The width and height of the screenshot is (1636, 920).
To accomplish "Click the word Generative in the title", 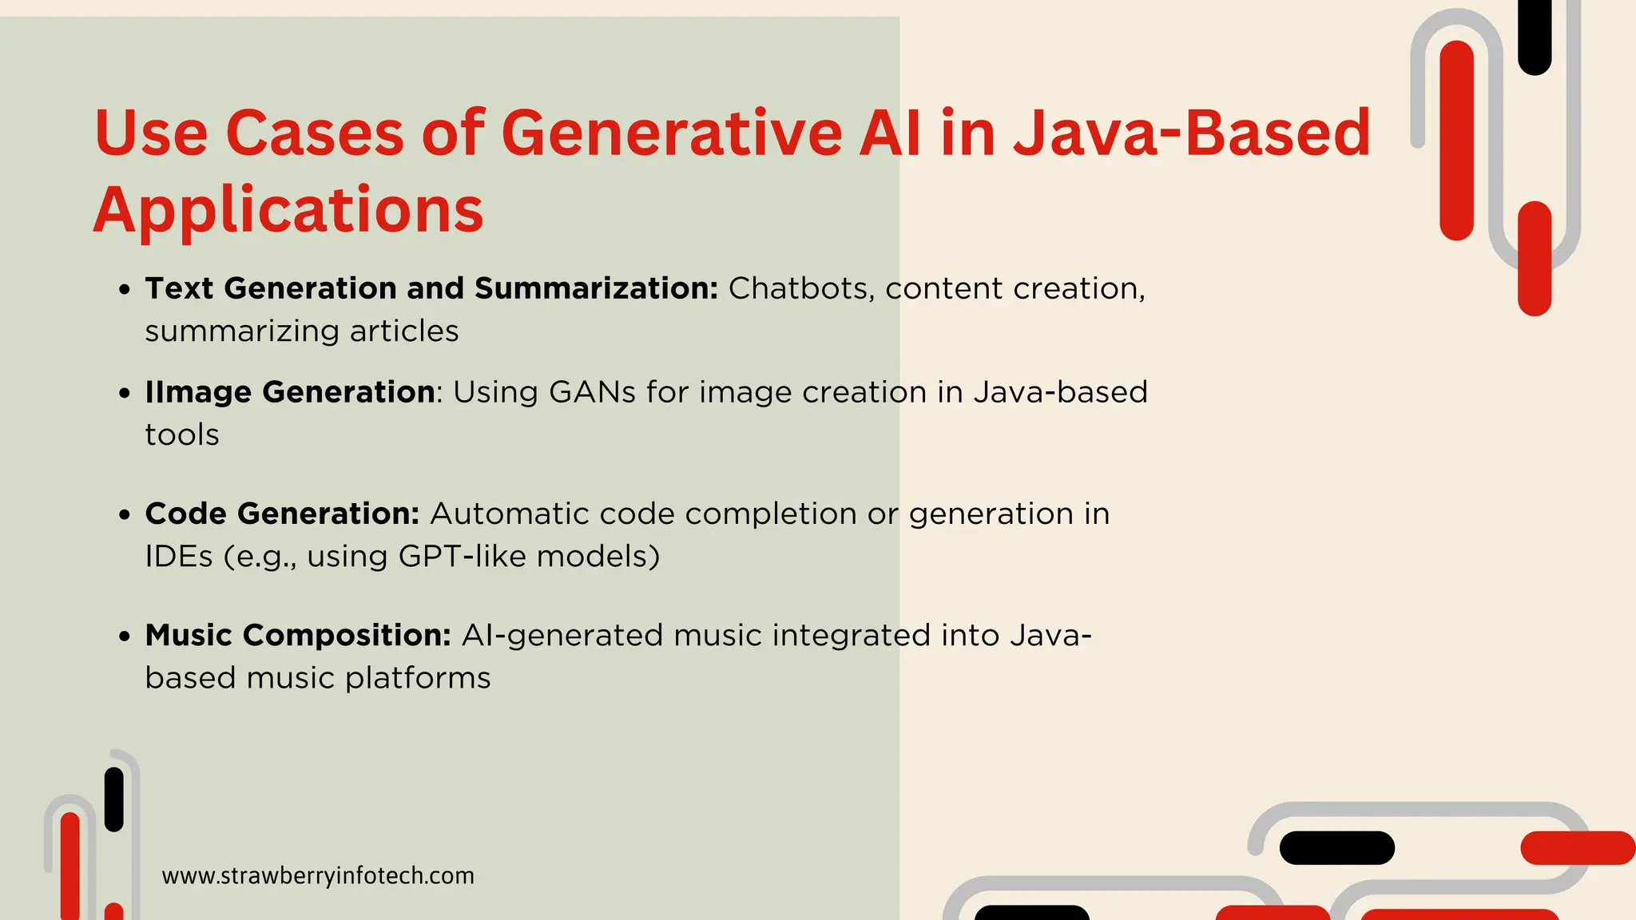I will (x=671, y=133).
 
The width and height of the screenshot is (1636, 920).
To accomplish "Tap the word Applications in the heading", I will (x=288, y=210).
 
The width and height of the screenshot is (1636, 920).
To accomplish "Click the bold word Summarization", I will (x=596, y=288).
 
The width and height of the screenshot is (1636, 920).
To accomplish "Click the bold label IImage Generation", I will (x=290, y=392).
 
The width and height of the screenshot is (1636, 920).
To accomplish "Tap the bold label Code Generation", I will (x=282, y=514).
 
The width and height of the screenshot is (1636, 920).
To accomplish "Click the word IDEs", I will (x=179, y=556).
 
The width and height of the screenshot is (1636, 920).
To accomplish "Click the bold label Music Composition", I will (x=298, y=636).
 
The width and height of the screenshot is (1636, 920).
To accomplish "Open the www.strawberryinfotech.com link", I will (x=318, y=876).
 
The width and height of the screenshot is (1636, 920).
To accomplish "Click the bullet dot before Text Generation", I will (x=124, y=290).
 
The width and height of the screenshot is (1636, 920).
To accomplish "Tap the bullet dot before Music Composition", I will (x=124, y=636).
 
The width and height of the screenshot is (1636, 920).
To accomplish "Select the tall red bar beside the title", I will (x=1456, y=140).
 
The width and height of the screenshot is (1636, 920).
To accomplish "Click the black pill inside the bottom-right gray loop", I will (x=1336, y=847).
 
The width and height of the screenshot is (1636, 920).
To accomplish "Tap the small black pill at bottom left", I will (x=114, y=799).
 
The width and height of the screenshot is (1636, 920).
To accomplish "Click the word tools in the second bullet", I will (x=182, y=435).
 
